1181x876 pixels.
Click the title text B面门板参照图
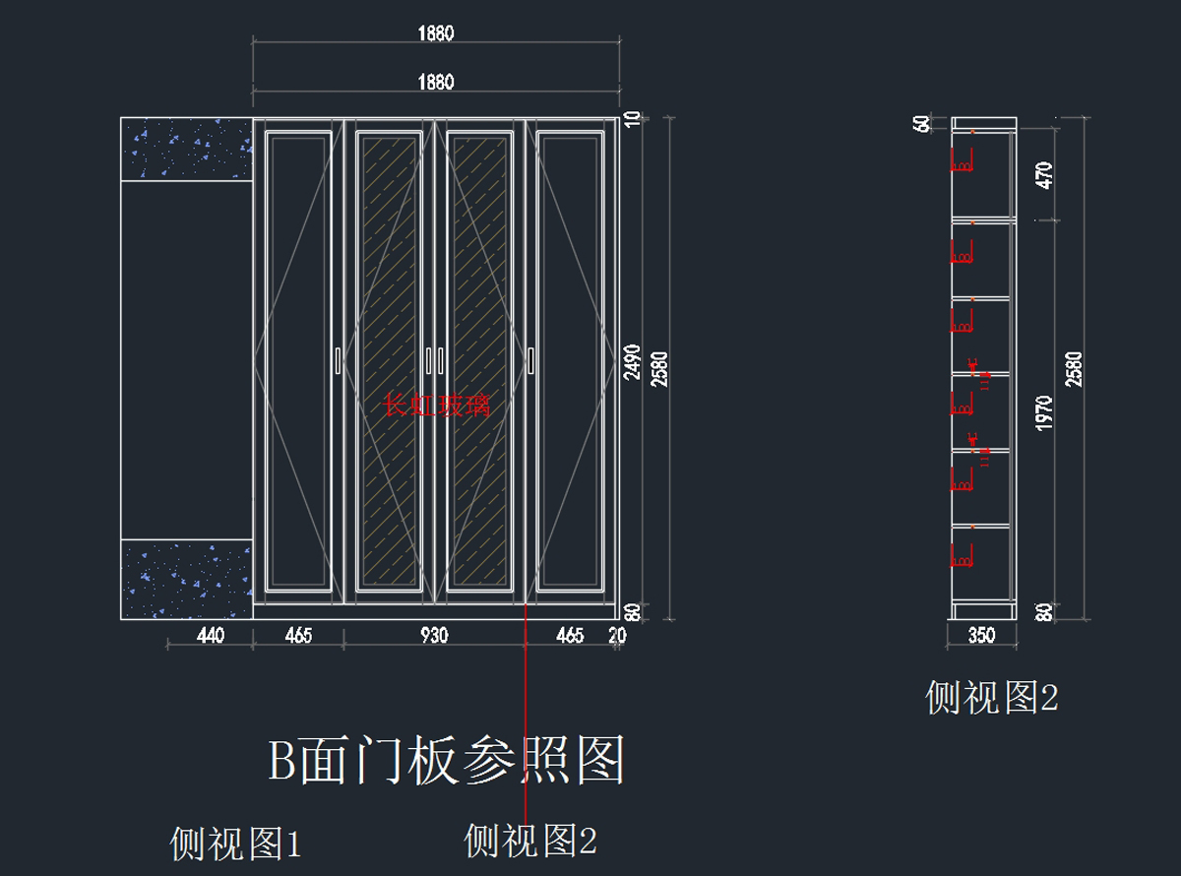(448, 761)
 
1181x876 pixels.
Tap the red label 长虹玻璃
(436, 406)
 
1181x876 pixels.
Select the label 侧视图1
(235, 844)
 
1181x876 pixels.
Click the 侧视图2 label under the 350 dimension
(991, 698)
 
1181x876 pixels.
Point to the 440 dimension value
(211, 636)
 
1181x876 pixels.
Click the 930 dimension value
(434, 636)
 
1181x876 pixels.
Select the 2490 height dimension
(633, 362)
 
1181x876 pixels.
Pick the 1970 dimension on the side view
(1045, 412)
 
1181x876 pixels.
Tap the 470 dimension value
(1045, 175)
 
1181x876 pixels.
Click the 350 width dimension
(981, 636)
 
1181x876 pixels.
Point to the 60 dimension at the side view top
(922, 124)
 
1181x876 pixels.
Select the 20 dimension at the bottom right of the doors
(617, 636)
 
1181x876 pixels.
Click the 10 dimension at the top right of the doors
(633, 119)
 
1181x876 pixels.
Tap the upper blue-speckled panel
(186, 149)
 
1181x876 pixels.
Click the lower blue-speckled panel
(186, 579)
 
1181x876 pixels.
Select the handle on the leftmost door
(338, 360)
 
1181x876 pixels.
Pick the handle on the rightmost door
(529, 360)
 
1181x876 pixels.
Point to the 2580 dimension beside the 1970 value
(1074, 369)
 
